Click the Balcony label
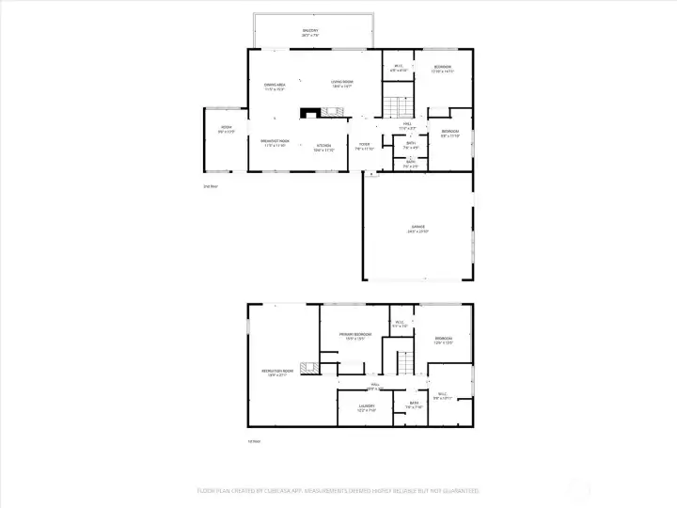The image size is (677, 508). click(310, 31)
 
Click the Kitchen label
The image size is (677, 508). click(323, 146)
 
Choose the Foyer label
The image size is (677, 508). click(363, 145)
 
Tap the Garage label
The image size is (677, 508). click(418, 227)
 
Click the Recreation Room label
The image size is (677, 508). click(275, 372)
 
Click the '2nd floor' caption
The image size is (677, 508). click(210, 186)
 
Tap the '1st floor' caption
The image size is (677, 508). click(253, 441)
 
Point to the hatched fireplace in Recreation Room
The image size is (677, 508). click(306, 366)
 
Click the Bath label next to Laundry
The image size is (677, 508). click(414, 404)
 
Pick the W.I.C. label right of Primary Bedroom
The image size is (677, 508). click(399, 323)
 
